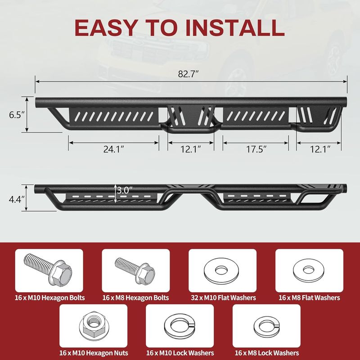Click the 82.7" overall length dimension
[x=188, y=74]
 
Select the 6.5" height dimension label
[x=17, y=115]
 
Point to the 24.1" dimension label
[x=114, y=149]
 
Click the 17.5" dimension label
[x=256, y=149]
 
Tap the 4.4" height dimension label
[x=17, y=199]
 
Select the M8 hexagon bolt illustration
[x=135, y=270]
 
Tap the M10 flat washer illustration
[x=221, y=270]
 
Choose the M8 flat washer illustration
[x=309, y=270]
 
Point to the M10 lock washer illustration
[x=180, y=326]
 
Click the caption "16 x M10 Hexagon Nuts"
[x=94, y=353]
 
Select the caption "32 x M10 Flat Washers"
[x=223, y=298]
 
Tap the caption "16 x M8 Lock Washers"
[x=267, y=353]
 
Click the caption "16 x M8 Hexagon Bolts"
[x=136, y=298]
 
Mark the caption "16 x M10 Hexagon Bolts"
[x=50, y=298]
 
